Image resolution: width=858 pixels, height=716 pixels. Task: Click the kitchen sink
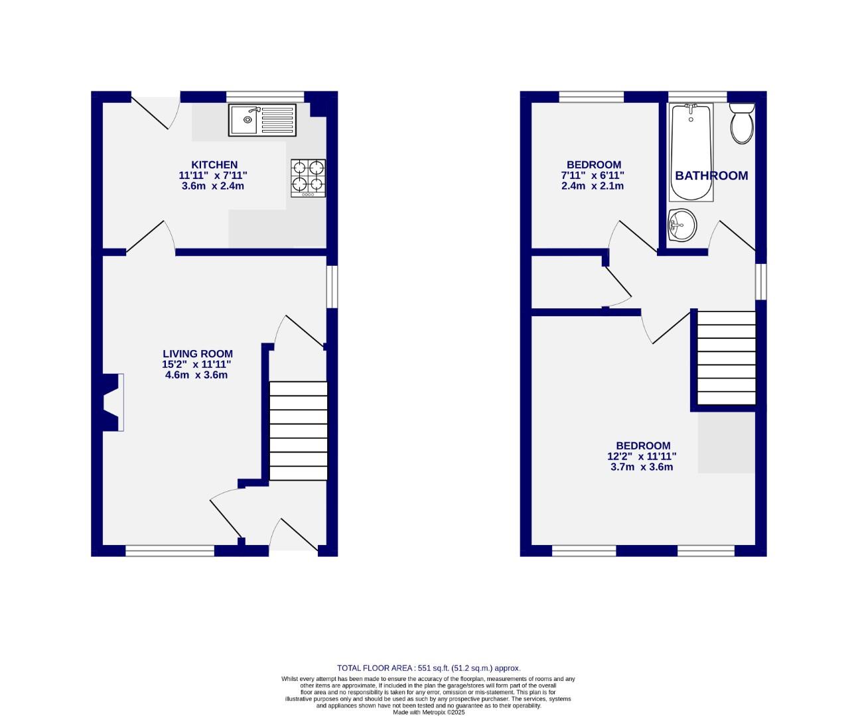click(263, 120)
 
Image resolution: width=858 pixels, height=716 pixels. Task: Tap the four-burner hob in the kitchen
click(308, 178)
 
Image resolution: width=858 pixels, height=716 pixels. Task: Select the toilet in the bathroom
click(742, 123)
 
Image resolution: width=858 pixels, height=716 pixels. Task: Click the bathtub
click(691, 152)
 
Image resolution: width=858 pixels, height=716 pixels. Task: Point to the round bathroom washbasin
click(682, 225)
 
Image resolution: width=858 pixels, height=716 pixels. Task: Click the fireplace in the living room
click(111, 402)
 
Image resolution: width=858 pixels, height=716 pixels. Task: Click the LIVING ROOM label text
click(198, 354)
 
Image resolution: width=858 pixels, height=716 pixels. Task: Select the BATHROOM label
click(711, 176)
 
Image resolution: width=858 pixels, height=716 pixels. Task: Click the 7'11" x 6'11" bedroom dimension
click(593, 176)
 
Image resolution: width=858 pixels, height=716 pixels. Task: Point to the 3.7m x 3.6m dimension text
click(642, 467)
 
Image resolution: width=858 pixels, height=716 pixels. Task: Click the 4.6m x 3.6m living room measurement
click(196, 375)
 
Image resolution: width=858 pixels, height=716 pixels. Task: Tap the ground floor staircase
click(299, 431)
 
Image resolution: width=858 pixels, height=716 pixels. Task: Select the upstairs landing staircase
click(727, 358)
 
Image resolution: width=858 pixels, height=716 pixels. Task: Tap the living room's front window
click(170, 550)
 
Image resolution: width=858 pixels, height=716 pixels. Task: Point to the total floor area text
click(429, 668)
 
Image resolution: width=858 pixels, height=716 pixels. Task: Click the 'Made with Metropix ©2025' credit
click(429, 712)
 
